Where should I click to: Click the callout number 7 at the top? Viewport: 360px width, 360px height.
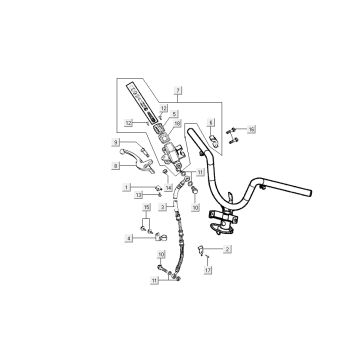pos(178,91)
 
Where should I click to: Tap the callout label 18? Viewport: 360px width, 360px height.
pos(176,124)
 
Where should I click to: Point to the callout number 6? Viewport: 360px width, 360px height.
pos(212,121)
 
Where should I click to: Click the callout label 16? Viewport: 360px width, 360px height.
pos(252,129)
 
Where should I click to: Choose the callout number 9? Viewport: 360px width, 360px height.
pos(117,143)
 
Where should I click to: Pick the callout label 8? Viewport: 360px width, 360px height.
pos(117,163)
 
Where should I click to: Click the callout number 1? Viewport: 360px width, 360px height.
pos(126,187)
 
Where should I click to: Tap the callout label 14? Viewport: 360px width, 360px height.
pos(169,187)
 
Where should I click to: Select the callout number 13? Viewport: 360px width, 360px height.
pos(141,197)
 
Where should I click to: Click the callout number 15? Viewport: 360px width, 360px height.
pos(146,207)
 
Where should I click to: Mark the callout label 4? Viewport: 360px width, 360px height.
pos(126,238)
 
